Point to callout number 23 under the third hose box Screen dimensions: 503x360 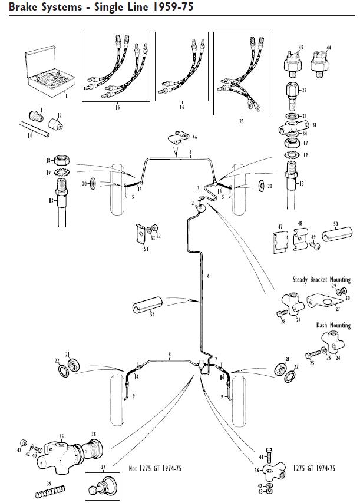coord(241,121)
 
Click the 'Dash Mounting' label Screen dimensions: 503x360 coord(333,325)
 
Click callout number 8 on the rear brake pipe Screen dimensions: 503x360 coord(170,355)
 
